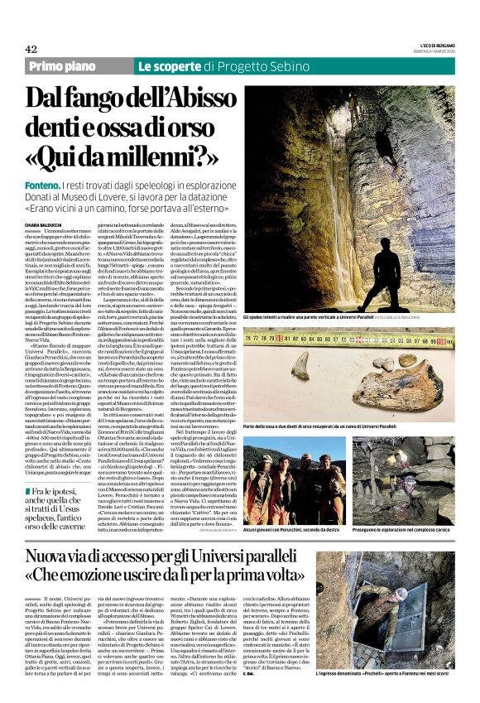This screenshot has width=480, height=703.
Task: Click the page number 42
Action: (31, 49)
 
